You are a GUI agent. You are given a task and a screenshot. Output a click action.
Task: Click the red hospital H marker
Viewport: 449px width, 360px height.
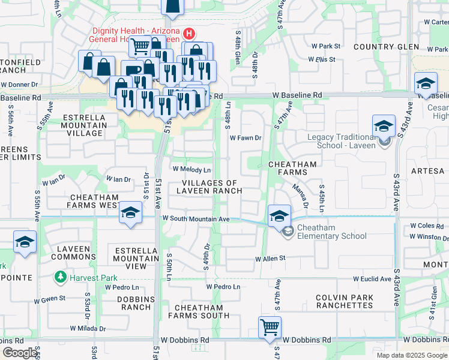click(189, 32)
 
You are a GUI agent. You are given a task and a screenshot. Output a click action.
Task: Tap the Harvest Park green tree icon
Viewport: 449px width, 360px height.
click(60, 277)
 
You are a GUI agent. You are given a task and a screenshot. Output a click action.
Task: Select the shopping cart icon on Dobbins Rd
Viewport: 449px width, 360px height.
click(270, 328)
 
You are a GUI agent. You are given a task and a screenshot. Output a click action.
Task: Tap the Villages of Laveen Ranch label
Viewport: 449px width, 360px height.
click(209, 187)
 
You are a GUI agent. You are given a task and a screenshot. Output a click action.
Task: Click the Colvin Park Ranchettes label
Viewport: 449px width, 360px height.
click(344, 302)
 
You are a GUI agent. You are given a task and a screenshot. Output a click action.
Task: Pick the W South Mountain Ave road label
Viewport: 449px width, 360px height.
click(196, 220)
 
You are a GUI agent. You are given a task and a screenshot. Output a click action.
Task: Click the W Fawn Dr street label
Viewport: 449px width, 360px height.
click(246, 137)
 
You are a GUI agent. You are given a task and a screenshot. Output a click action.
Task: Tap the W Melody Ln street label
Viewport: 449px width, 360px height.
click(192, 170)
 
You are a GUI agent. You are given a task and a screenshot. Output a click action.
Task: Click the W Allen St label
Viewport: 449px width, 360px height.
click(270, 259)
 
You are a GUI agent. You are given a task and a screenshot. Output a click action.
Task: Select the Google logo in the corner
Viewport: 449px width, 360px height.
click(20, 353)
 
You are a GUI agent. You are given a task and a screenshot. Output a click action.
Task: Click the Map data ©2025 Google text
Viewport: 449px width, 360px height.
click(411, 355)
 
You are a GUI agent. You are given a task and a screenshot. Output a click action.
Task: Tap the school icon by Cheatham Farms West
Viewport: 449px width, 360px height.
click(130, 214)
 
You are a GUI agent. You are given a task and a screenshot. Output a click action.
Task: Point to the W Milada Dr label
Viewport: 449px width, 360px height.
click(88, 329)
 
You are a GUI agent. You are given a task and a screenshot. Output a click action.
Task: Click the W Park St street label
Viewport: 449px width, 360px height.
click(326, 46)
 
